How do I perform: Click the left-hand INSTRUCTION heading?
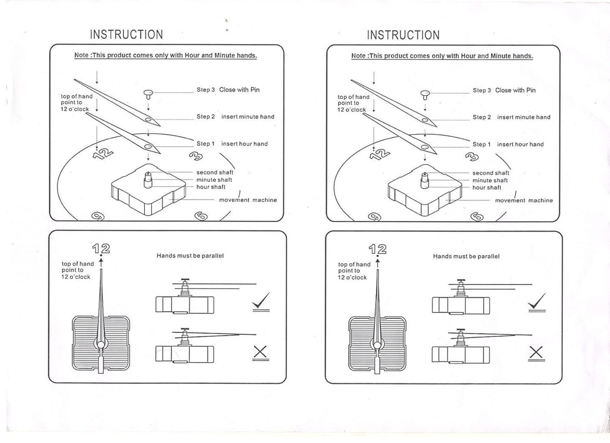pos(126,35)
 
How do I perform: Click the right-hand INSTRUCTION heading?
pos(403,35)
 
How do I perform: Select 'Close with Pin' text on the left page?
pos(239,90)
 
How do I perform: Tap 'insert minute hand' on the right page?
pos(523,117)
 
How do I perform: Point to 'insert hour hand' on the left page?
pos(244,144)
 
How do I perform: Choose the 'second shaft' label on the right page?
pos(491,173)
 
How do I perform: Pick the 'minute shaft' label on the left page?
pos(214,180)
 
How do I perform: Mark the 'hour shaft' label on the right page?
pos(487,188)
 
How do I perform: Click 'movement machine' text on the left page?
pos(248,200)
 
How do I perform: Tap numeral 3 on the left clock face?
pos(196,156)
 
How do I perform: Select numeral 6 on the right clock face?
pos(477,217)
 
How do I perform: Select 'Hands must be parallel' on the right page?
pos(466,256)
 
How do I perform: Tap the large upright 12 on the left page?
pos(101,249)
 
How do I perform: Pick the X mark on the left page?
pos(260,352)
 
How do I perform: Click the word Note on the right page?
pos(358,56)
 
